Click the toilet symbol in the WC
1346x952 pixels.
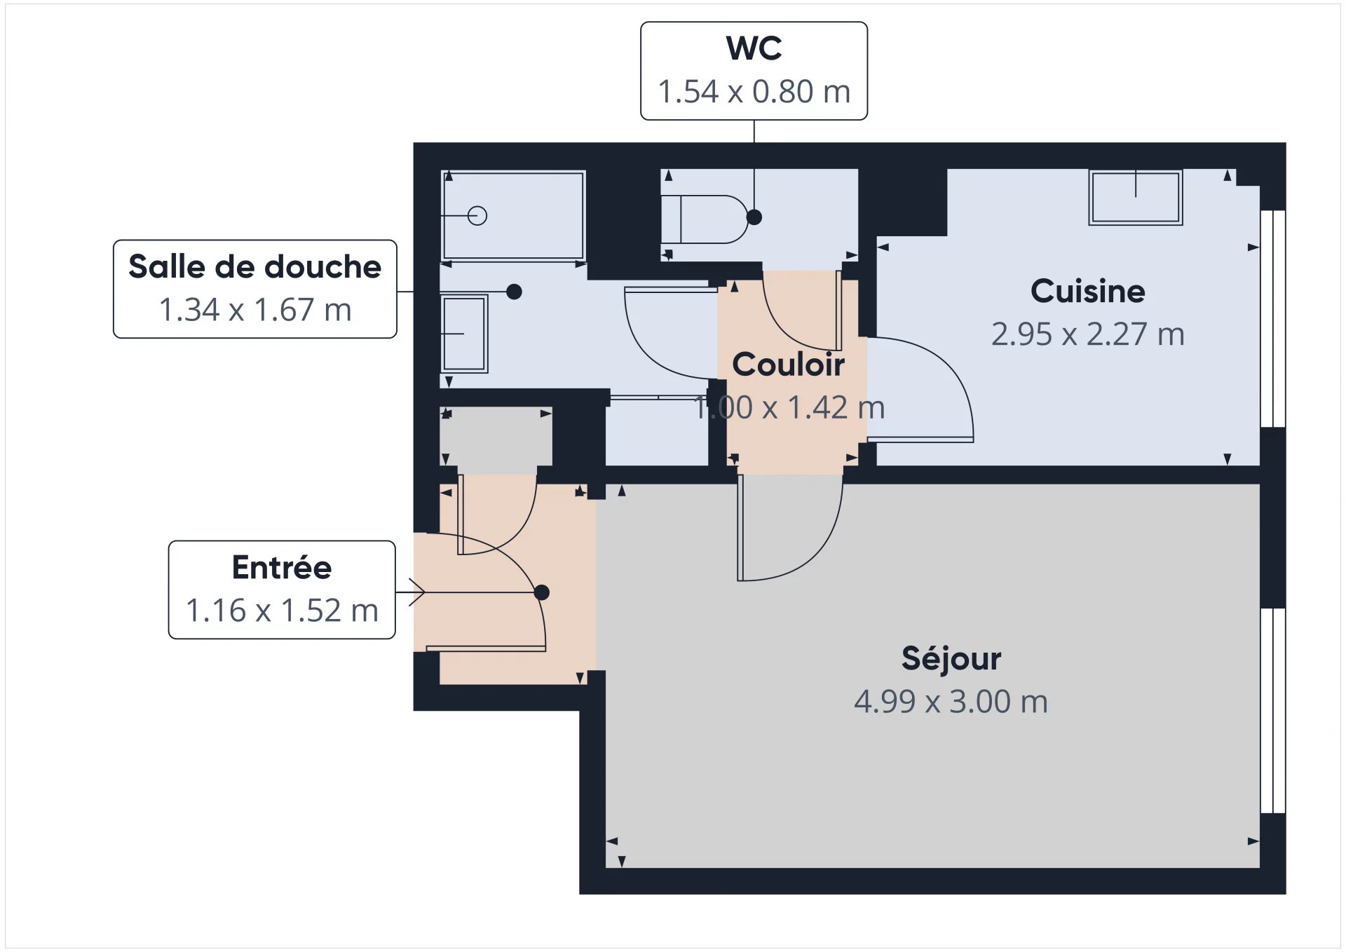705,219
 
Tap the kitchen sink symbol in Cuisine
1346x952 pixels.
1135,197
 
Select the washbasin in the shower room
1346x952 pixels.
464,334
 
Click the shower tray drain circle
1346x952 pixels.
477,215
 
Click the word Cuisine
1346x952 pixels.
1087,291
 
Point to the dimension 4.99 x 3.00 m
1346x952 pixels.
951,702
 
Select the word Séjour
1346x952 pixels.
951,658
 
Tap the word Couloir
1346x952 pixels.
788,365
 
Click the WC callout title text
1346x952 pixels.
754,48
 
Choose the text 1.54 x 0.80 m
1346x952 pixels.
754,92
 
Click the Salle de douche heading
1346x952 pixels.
254,267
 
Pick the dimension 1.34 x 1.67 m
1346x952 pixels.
254,310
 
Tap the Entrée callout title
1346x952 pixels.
281,568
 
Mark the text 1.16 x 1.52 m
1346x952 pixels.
281,611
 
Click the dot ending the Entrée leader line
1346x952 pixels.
541,592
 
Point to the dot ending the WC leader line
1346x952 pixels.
754,217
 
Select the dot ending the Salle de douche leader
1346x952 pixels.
514,292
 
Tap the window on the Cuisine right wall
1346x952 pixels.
1272,319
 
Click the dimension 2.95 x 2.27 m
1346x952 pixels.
1087,334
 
